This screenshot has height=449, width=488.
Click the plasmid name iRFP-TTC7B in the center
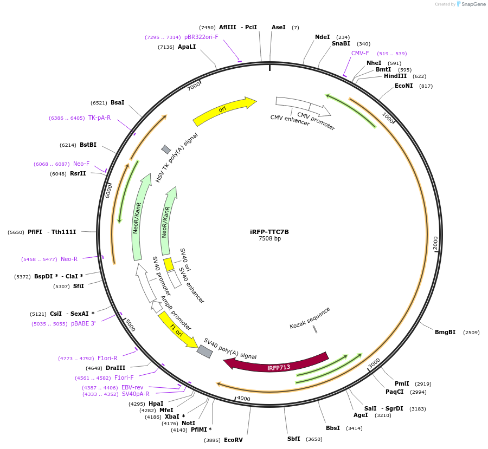pos(269,232)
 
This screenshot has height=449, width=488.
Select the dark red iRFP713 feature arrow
pos(277,364)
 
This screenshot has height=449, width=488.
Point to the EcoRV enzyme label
pos(233,440)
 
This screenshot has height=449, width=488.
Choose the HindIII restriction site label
pos(395,76)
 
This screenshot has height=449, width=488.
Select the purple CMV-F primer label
pos(360,53)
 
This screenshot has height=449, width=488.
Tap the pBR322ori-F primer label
pos(201,37)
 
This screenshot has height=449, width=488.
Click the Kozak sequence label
pos(310,318)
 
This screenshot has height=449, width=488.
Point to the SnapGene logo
pos(471,4)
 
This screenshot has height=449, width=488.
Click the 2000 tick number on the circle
pos(436,243)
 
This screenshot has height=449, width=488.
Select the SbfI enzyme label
pos(293,439)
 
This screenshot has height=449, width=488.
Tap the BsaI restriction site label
pos(117,102)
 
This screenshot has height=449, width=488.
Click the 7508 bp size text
pos(269,239)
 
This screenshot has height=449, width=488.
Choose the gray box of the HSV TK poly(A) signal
pos(166,149)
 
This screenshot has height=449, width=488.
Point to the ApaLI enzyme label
pos(187,47)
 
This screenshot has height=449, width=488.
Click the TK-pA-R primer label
pos(99,118)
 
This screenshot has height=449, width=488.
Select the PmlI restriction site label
pos(402,383)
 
